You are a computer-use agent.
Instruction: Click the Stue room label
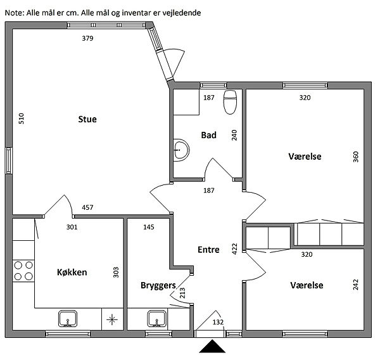tap(87, 119)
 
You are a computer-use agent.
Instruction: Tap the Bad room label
tap(208, 135)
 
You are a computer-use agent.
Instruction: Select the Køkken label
tap(72, 272)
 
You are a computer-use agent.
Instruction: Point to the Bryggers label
tap(158, 285)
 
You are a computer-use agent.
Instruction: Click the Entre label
tap(208, 250)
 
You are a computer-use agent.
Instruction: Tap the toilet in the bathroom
tap(230, 102)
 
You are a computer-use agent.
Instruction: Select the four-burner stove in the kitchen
tap(23, 271)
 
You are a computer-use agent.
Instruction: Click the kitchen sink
tap(68, 319)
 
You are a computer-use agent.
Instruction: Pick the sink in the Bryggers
tap(157, 319)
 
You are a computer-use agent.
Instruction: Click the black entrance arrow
tap(212, 346)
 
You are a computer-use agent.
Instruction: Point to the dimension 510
tap(22, 119)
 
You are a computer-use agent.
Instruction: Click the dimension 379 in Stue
tap(87, 38)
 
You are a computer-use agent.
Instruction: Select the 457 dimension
tap(87, 207)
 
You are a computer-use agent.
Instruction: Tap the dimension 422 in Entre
tap(234, 249)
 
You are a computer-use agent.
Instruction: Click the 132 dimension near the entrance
tap(218, 322)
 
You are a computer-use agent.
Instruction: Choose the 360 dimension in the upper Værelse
tap(355, 157)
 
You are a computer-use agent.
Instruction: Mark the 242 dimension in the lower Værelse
tap(355, 285)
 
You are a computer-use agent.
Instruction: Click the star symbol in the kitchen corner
tap(112, 319)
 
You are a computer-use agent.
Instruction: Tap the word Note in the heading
tap(14, 13)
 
